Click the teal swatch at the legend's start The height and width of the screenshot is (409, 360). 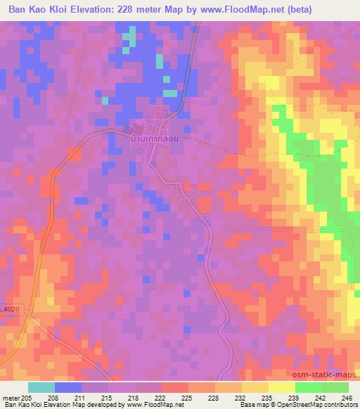(x=41, y=387)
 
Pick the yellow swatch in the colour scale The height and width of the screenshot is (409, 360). (x=282, y=387)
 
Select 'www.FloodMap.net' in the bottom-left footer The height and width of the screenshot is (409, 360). (x=148, y=405)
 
